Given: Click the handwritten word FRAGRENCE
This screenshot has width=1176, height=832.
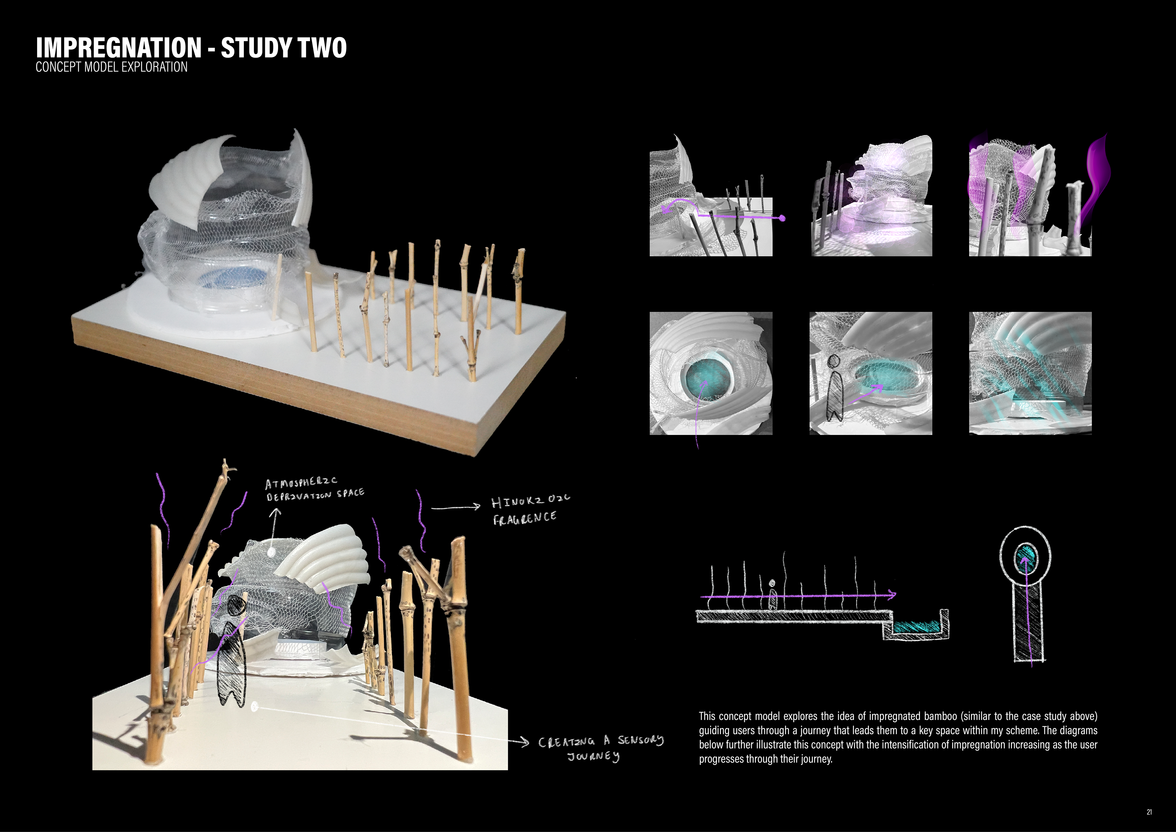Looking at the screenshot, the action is click(525, 518).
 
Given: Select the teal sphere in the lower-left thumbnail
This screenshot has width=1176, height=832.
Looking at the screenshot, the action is click(706, 378).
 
